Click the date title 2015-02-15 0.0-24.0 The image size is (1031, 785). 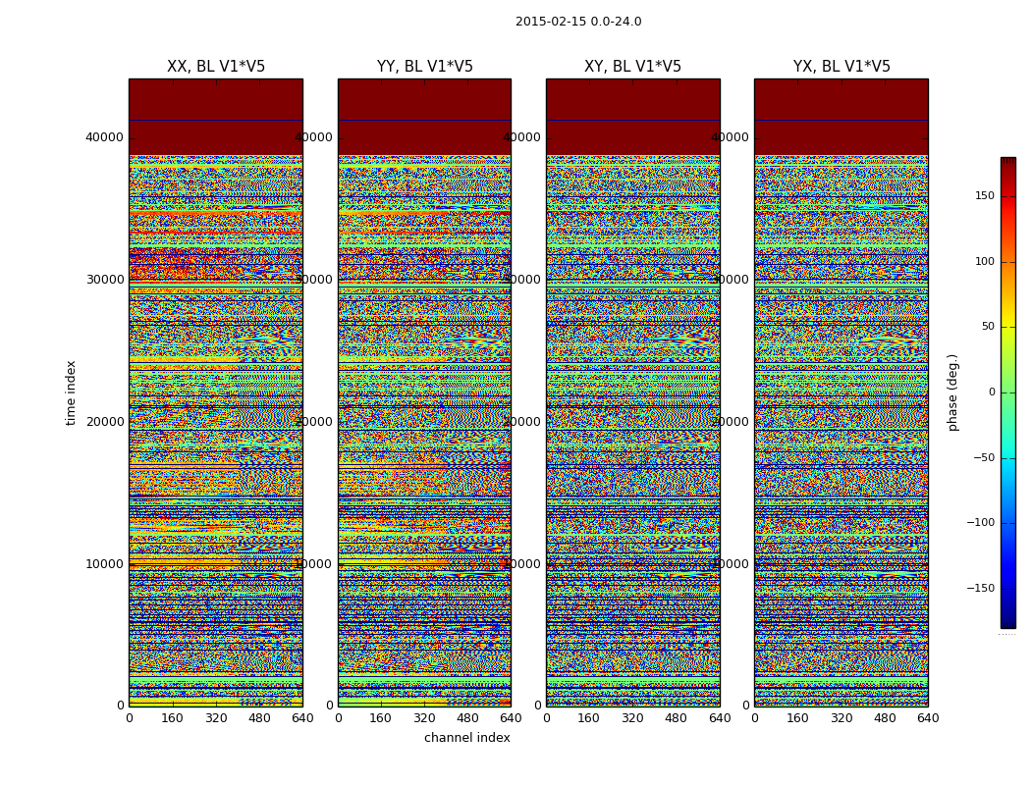pyautogui.click(x=578, y=22)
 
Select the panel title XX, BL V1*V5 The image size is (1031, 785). pyautogui.click(x=216, y=67)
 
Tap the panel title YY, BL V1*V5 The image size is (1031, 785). pyautogui.click(x=424, y=67)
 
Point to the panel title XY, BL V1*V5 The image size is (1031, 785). pyautogui.click(x=632, y=67)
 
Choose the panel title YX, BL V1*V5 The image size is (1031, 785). pyautogui.click(x=841, y=67)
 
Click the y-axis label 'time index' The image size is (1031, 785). pyautogui.click(x=71, y=392)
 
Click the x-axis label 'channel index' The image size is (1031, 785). pyautogui.click(x=467, y=738)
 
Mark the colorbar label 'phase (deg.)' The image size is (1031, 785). pyautogui.click(x=952, y=392)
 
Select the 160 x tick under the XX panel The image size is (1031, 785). pyautogui.click(x=173, y=718)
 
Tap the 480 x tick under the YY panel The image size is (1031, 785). pyautogui.click(x=467, y=718)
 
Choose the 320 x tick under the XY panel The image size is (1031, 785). pyautogui.click(x=632, y=718)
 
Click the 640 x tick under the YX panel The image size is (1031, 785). pyautogui.click(x=928, y=718)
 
